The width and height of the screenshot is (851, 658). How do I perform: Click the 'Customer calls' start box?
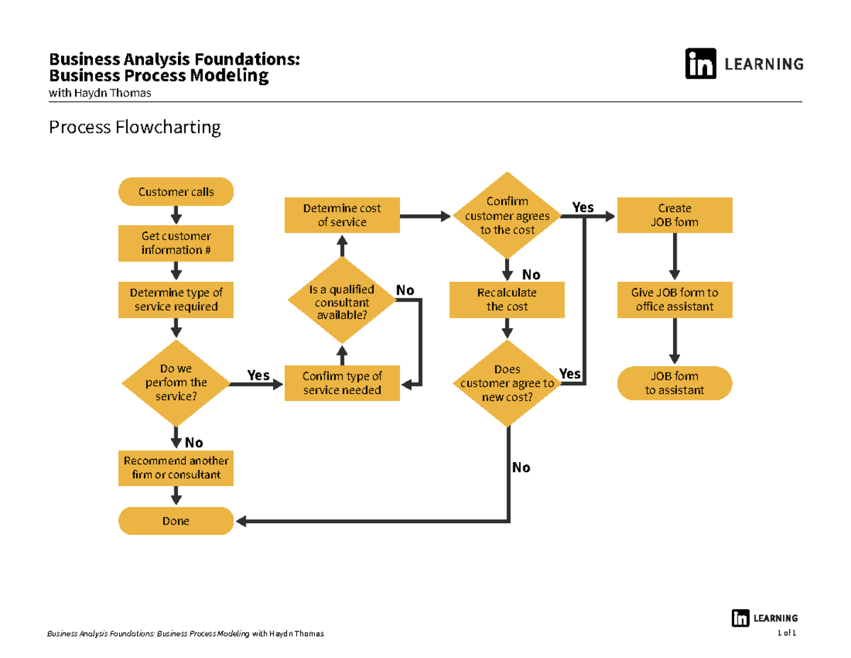coord(176,192)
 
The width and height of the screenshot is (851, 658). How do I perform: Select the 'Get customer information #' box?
coord(176,243)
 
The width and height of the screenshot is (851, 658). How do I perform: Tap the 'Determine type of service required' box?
coord(176,300)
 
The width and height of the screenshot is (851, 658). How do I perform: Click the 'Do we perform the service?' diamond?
coord(176,383)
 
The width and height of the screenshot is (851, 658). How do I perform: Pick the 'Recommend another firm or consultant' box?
coord(176,468)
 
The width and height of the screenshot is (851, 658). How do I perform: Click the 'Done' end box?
coord(176,521)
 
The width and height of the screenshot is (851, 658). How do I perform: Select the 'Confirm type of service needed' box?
coord(342,383)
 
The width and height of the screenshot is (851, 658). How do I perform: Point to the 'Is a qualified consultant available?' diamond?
coord(342,302)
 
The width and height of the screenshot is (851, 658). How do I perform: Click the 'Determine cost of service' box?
coord(342,215)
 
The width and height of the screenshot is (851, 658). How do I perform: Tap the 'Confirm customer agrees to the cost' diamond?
coord(507,215)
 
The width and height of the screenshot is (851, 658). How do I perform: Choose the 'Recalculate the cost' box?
coord(507,300)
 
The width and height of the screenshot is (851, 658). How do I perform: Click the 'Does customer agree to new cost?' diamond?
coord(507,383)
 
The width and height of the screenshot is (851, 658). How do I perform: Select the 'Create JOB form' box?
coord(674,215)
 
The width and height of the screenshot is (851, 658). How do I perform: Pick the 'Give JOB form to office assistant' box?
coord(674,300)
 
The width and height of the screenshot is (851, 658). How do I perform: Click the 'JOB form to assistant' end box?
coord(674,383)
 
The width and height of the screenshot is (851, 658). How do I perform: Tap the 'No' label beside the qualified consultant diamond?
coord(405,290)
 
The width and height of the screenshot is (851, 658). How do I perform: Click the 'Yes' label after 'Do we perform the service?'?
coord(258,375)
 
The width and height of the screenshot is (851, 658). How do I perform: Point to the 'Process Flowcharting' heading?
coord(134,128)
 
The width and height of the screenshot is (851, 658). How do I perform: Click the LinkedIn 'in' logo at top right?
coord(700,64)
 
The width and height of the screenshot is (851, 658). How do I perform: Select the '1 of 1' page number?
coord(787,632)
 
